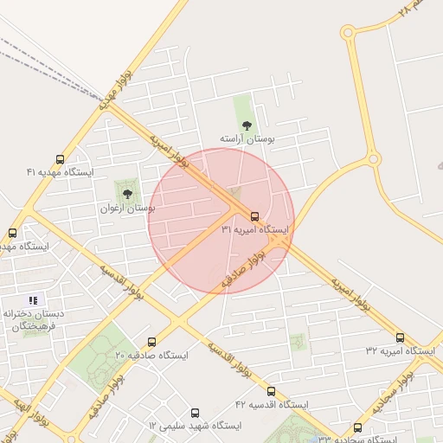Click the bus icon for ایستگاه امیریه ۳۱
254,215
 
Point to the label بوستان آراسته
246,138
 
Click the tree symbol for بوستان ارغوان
128,195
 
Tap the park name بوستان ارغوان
128,209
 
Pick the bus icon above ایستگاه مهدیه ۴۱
60,159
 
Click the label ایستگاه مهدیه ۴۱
59,173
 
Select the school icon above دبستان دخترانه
34,299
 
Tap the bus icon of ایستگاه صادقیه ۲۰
152,342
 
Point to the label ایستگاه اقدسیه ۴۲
271,405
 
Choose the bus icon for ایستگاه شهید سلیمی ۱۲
194,413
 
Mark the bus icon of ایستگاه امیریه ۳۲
400,337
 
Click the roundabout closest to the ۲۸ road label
348,33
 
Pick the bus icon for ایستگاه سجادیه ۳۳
358,427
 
